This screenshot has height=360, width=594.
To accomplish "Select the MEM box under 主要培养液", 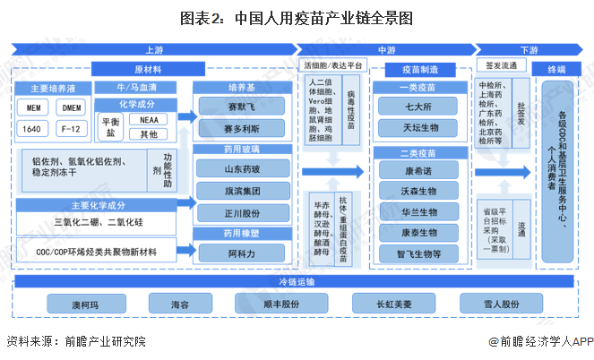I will [x=33, y=107].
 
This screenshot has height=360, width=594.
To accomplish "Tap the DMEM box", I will [x=72, y=107].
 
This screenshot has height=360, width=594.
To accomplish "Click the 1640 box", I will [x=33, y=129].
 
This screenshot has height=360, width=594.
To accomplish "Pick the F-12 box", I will [x=72, y=129].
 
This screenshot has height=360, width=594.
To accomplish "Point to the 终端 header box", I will [x=555, y=68].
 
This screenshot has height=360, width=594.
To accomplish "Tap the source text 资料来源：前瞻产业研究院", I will [x=75, y=341].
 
